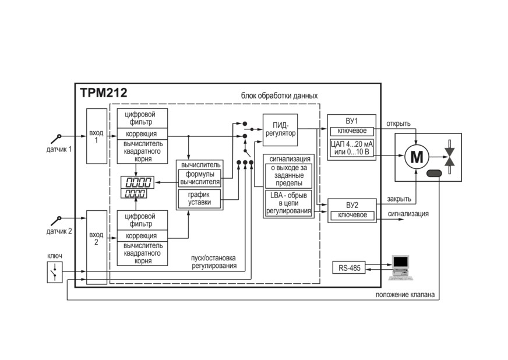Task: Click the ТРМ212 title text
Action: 103,93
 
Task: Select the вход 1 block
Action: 97,136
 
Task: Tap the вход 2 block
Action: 97,247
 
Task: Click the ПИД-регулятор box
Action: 280,130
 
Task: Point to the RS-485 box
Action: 349,267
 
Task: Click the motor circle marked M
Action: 417,157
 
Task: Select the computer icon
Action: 400,267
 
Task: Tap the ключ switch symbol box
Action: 55,272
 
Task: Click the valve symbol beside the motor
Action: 449,157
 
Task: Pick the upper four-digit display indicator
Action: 137,182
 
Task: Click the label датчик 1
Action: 59,149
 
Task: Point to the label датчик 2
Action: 59,231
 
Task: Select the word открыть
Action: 398,123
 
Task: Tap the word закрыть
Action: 399,199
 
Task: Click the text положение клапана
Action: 405,295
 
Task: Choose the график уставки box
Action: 199,199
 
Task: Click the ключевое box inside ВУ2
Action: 352,216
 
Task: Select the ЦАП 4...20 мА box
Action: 352,149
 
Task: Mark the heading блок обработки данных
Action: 279,96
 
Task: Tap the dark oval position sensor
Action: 434,174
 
